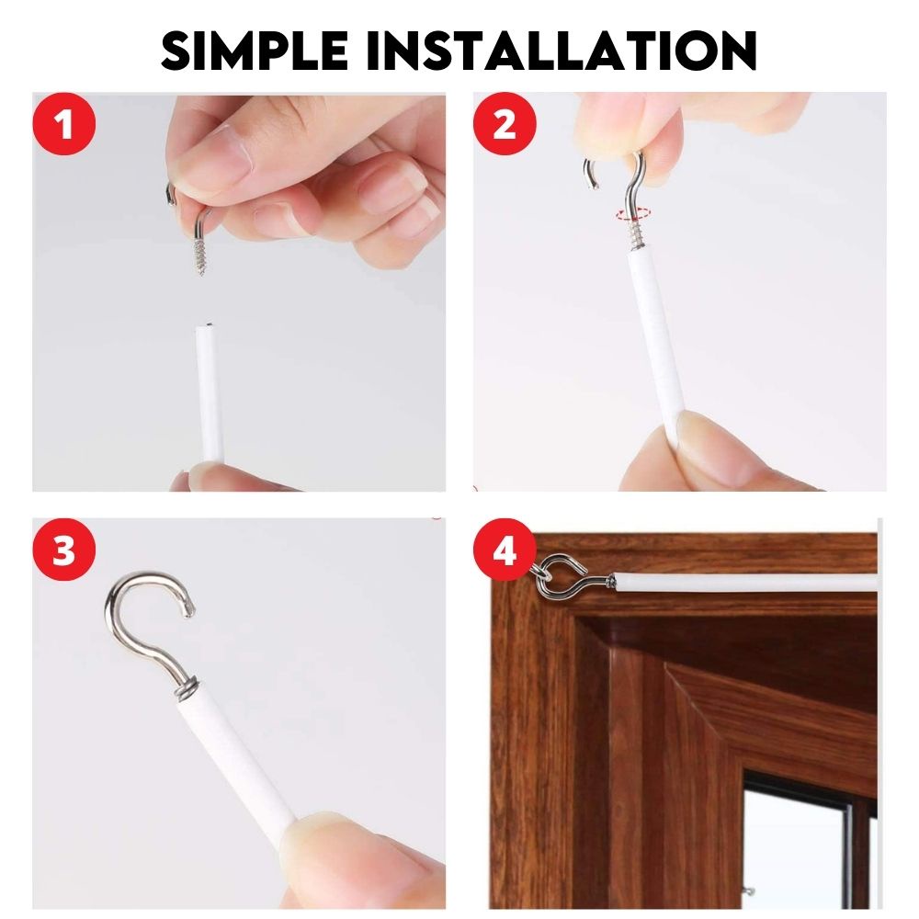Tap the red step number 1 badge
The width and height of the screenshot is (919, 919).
pos(64,124)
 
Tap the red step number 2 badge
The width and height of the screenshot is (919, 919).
pos(505,124)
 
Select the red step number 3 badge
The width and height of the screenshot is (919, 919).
pos(64,550)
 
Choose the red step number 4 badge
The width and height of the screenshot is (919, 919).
pos(505,550)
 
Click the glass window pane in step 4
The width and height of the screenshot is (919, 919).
pos(797,850)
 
